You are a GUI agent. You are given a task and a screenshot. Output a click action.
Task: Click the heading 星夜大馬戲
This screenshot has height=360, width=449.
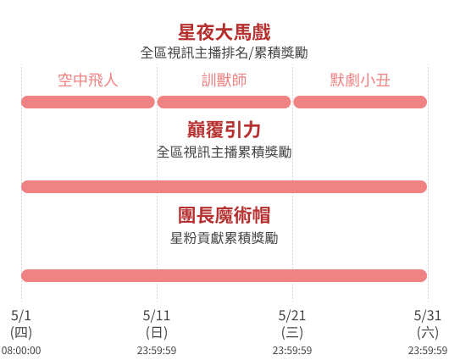tap(224, 32)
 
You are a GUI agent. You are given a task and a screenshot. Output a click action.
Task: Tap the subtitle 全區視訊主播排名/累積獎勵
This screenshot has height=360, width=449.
tap(224, 53)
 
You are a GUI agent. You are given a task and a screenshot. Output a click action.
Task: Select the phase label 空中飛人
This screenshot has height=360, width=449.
tap(88, 80)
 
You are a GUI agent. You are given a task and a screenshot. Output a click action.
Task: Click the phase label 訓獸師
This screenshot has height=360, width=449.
tap(224, 80)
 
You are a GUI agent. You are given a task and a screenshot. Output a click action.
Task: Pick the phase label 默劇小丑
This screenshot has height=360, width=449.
tap(360, 80)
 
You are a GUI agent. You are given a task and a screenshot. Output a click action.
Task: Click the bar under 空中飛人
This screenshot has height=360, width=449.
tap(88, 102)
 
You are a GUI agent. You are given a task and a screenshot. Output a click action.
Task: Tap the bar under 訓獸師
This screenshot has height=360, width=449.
tap(224, 102)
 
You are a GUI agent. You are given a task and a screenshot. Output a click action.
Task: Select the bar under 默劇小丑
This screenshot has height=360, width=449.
tap(360, 102)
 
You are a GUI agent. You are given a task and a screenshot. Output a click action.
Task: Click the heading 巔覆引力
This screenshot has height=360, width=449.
tap(224, 130)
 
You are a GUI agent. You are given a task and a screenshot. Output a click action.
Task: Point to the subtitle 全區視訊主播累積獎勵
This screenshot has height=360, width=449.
tap(224, 152)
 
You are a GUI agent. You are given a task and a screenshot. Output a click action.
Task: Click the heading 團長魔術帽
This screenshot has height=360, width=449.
tap(224, 215)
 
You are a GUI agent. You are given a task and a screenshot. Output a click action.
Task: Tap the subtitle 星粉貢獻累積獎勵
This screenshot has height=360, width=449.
tap(224, 238)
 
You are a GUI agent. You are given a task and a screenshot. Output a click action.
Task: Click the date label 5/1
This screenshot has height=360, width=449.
tap(21, 316)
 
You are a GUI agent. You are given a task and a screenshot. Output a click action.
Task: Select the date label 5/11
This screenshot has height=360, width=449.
tap(157, 316)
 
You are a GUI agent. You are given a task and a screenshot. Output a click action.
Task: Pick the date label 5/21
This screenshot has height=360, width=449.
tap(292, 316)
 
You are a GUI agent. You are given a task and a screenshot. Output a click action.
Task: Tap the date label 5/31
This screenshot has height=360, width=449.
tap(428, 316)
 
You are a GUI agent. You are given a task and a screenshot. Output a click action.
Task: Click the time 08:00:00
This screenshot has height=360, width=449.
tap(21, 351)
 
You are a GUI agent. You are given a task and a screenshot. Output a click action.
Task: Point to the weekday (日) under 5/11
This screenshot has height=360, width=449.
tap(157, 333)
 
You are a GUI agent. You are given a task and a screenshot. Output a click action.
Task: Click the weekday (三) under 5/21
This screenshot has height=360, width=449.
tap(292, 333)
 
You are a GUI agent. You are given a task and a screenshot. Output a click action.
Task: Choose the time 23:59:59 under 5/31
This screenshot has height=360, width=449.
tap(428, 351)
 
